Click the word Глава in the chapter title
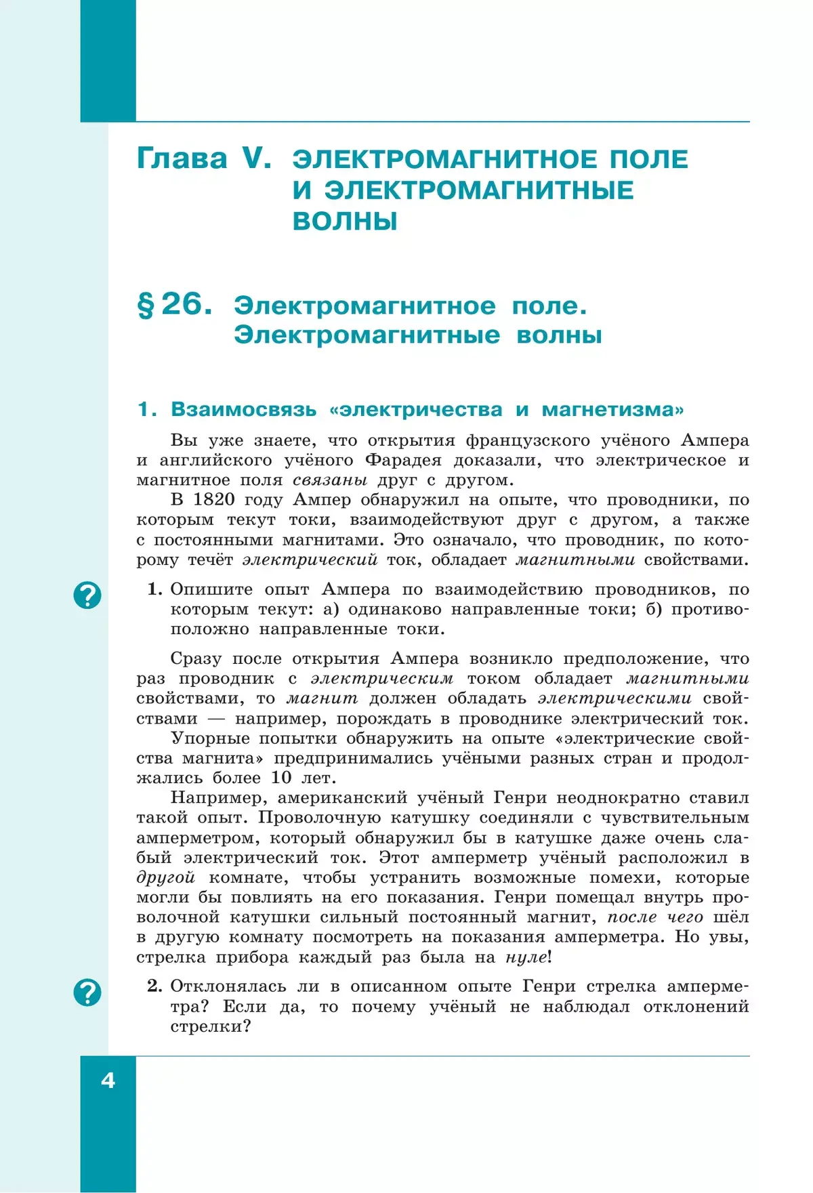tap(182, 159)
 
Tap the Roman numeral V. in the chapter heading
tap(256, 159)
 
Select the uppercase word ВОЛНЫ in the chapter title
tap(345, 222)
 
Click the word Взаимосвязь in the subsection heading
tap(243, 409)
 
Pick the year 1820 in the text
tap(213, 500)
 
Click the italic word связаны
tap(330, 480)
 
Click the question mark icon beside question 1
tap(87, 595)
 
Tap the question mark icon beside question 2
tap(87, 992)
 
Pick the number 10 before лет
tap(281, 778)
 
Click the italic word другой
tap(165, 878)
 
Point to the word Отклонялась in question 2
tap(231, 986)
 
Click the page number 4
tap(108, 1080)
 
